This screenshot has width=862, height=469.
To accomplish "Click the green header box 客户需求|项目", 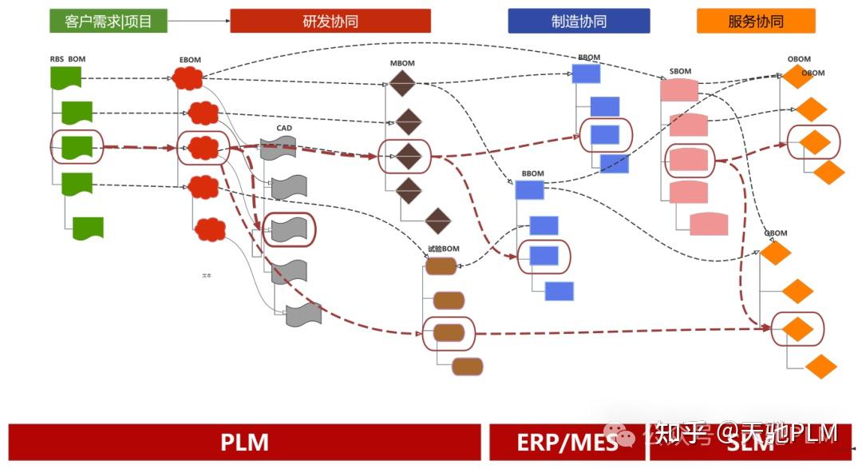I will click(109, 21).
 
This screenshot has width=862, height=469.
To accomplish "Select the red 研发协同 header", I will click(330, 21).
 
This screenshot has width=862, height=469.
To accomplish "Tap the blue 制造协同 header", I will click(579, 21).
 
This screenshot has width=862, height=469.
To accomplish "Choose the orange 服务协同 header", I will click(756, 21).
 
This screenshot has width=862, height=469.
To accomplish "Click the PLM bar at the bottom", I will click(244, 442).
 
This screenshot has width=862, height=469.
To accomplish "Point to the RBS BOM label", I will click(67, 59).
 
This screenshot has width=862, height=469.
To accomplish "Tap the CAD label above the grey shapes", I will click(284, 128).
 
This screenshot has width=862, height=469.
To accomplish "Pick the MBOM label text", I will click(401, 62).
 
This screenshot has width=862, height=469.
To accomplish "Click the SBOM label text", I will click(680, 71).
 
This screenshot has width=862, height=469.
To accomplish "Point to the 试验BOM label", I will click(443, 248).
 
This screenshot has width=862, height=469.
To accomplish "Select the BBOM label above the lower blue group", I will click(532, 173).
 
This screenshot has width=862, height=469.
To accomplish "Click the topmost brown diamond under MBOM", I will click(402, 83).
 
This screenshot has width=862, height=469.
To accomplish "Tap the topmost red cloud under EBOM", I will click(188, 78).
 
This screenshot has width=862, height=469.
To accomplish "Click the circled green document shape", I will click(77, 147).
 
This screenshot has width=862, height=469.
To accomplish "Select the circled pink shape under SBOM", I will click(689, 161).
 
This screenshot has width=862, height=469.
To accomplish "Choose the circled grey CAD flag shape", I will click(288, 229).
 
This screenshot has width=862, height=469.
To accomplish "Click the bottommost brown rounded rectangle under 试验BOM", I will click(467, 366).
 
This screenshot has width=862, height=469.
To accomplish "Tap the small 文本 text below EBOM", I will click(207, 275).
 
